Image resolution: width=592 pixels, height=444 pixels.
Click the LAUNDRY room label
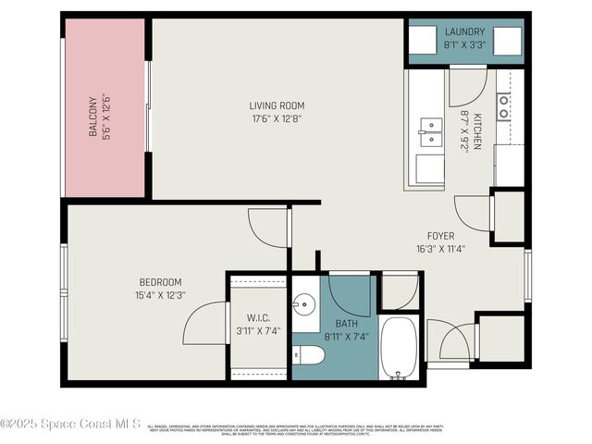tap(464, 31)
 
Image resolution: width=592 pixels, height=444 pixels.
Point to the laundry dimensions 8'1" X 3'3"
tap(464, 43)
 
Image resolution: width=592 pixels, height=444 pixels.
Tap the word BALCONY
tap(93, 117)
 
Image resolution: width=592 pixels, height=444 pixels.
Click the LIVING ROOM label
tap(277, 105)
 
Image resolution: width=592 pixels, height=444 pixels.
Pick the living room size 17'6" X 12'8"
tap(277, 118)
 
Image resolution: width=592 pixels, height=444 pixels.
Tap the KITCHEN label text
tap(477, 131)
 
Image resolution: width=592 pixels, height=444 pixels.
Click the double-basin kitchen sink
tap(429, 132)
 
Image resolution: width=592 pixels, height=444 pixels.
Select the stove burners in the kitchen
tap(503, 106)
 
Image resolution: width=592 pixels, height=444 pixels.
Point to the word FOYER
tap(439, 235)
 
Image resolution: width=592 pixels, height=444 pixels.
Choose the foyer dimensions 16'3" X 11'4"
tap(439, 248)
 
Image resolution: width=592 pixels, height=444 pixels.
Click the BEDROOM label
tap(160, 282)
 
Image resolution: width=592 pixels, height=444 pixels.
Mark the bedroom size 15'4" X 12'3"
tap(160, 295)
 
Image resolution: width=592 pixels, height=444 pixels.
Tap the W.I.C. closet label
tap(258, 317)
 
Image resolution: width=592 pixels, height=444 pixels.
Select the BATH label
tap(335, 324)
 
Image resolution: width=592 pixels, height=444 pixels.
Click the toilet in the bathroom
tap(309, 356)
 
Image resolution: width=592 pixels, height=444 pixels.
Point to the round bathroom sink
tap(304, 303)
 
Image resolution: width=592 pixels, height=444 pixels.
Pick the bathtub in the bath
tap(400, 349)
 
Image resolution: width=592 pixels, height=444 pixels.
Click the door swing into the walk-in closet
tap(204, 324)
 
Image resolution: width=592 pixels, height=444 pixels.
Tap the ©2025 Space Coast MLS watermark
tap(71, 424)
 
